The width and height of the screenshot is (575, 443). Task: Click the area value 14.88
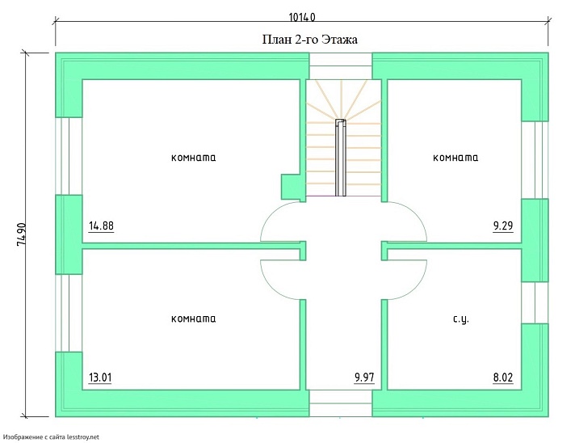coord(101,226)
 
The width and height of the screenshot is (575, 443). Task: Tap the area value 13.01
coord(100,378)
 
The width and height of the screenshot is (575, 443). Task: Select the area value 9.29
coord(503,226)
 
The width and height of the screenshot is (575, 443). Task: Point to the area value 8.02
coord(503,378)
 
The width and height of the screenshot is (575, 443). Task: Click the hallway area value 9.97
coord(364,378)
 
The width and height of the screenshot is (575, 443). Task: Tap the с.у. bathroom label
coord(461,319)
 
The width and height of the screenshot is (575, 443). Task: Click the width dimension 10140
coord(302,17)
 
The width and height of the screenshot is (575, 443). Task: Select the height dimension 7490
coord(21,234)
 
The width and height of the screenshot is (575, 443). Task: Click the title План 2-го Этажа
coord(309,40)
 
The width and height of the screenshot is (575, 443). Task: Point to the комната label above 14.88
coord(194,158)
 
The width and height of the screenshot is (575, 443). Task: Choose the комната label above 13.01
coord(194,319)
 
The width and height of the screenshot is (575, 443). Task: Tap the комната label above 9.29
coord(455,158)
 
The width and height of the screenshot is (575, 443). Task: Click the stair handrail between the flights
coord(341,158)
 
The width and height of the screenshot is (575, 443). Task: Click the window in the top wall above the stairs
coord(341,66)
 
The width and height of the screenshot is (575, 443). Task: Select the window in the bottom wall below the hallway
coord(341,403)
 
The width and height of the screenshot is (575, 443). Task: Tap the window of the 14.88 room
coord(69,156)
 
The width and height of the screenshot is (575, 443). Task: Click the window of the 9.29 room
coord(535,160)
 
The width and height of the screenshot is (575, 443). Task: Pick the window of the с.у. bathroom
coord(535,303)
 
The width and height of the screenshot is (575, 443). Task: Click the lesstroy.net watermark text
coord(52,437)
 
